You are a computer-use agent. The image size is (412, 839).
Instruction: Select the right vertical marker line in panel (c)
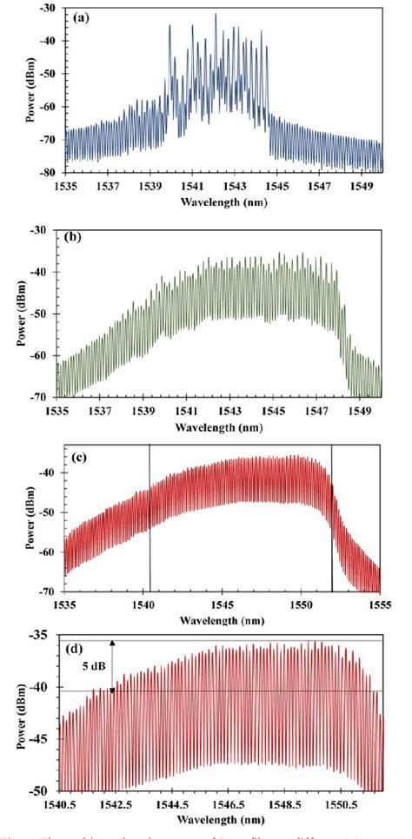[x=332, y=521]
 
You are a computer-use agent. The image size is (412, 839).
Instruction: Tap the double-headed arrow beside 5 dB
[x=112, y=665]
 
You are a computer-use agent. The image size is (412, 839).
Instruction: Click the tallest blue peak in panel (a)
[x=216, y=16]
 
